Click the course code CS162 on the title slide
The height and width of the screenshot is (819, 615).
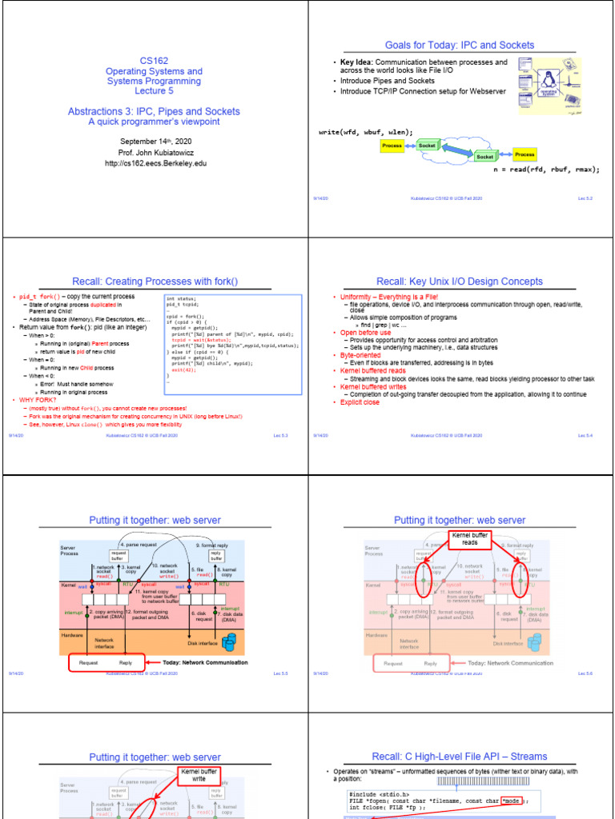pos(154,60)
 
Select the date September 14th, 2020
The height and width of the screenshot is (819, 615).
pos(154,141)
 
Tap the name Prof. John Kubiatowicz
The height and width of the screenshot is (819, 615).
pos(154,152)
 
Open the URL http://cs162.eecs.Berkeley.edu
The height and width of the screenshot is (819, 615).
pos(154,163)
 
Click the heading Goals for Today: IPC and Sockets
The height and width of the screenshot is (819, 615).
pos(460,45)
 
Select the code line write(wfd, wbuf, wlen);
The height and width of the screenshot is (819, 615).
pos(365,132)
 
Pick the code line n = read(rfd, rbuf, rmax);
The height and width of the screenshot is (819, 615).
pos(546,170)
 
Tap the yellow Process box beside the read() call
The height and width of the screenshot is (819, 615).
pos(525,154)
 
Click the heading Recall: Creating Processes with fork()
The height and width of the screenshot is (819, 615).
pos(155,282)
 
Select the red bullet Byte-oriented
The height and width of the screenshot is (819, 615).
pos(359,355)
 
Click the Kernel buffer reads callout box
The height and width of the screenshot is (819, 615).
pos(469,539)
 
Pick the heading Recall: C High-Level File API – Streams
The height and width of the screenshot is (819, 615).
pos(460,757)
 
